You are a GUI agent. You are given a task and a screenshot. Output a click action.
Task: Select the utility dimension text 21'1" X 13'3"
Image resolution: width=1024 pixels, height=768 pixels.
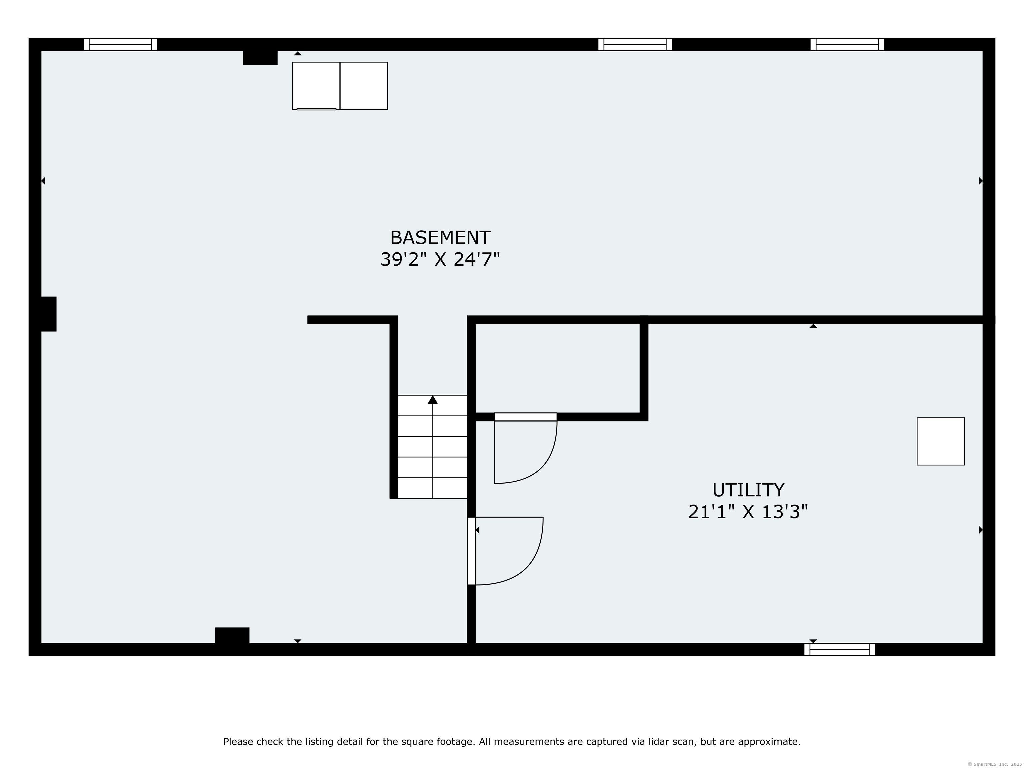[x=748, y=512]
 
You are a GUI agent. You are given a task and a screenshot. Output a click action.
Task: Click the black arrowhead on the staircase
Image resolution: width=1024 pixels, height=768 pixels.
[x=432, y=400]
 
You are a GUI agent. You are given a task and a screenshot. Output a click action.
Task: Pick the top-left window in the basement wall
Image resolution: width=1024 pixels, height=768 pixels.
[x=120, y=44]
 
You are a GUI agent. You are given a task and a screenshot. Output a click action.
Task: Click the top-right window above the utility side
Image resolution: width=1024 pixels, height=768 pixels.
[x=847, y=44]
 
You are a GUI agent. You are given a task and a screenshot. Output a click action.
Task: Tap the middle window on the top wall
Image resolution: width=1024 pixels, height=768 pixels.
[x=635, y=44]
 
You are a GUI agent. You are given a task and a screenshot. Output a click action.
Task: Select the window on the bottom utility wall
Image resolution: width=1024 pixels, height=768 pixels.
[x=839, y=649]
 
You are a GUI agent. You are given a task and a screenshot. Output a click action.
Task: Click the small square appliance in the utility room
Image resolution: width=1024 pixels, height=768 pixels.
[x=940, y=442]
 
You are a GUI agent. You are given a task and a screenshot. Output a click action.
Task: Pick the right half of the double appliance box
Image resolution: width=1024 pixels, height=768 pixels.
[x=364, y=86]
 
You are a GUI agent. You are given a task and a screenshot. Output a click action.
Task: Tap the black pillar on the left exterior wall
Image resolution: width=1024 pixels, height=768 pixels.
[x=46, y=314]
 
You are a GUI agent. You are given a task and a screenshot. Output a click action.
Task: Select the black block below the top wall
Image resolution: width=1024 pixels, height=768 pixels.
[x=260, y=57]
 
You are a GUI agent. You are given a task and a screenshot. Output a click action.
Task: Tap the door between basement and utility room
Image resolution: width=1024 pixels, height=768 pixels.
[x=471, y=551]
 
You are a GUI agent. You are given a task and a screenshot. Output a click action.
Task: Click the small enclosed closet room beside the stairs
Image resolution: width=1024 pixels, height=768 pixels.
[x=557, y=368]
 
